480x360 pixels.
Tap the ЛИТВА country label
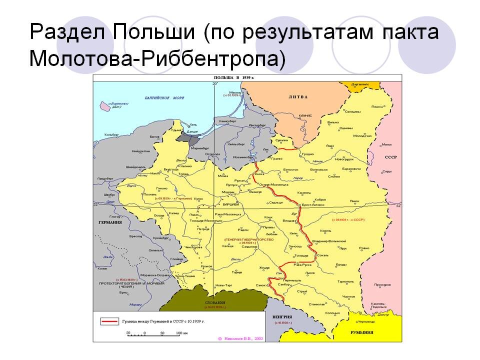tap(298, 96)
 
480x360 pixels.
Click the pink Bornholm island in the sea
tap(106, 105)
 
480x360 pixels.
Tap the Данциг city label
tap(192, 131)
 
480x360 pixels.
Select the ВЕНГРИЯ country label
tap(282, 316)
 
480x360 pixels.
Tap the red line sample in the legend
tap(108, 320)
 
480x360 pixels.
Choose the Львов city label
tap(311, 273)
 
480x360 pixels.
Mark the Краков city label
tap(206, 267)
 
